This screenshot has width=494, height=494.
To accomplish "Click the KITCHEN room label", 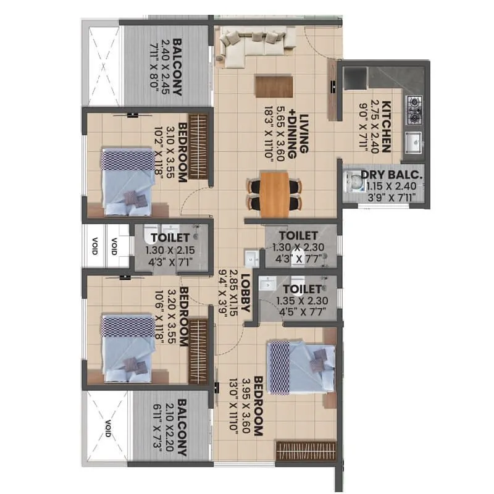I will pyautogui.click(x=387, y=126).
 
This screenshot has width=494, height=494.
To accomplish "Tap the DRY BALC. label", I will pyautogui.click(x=396, y=175).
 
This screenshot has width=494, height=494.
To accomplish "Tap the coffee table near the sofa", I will pyautogui.click(x=274, y=85).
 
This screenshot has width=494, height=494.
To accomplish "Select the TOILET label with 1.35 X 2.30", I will pyautogui.click(x=303, y=289).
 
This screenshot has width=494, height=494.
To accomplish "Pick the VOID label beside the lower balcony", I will pyautogui.click(x=107, y=426).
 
